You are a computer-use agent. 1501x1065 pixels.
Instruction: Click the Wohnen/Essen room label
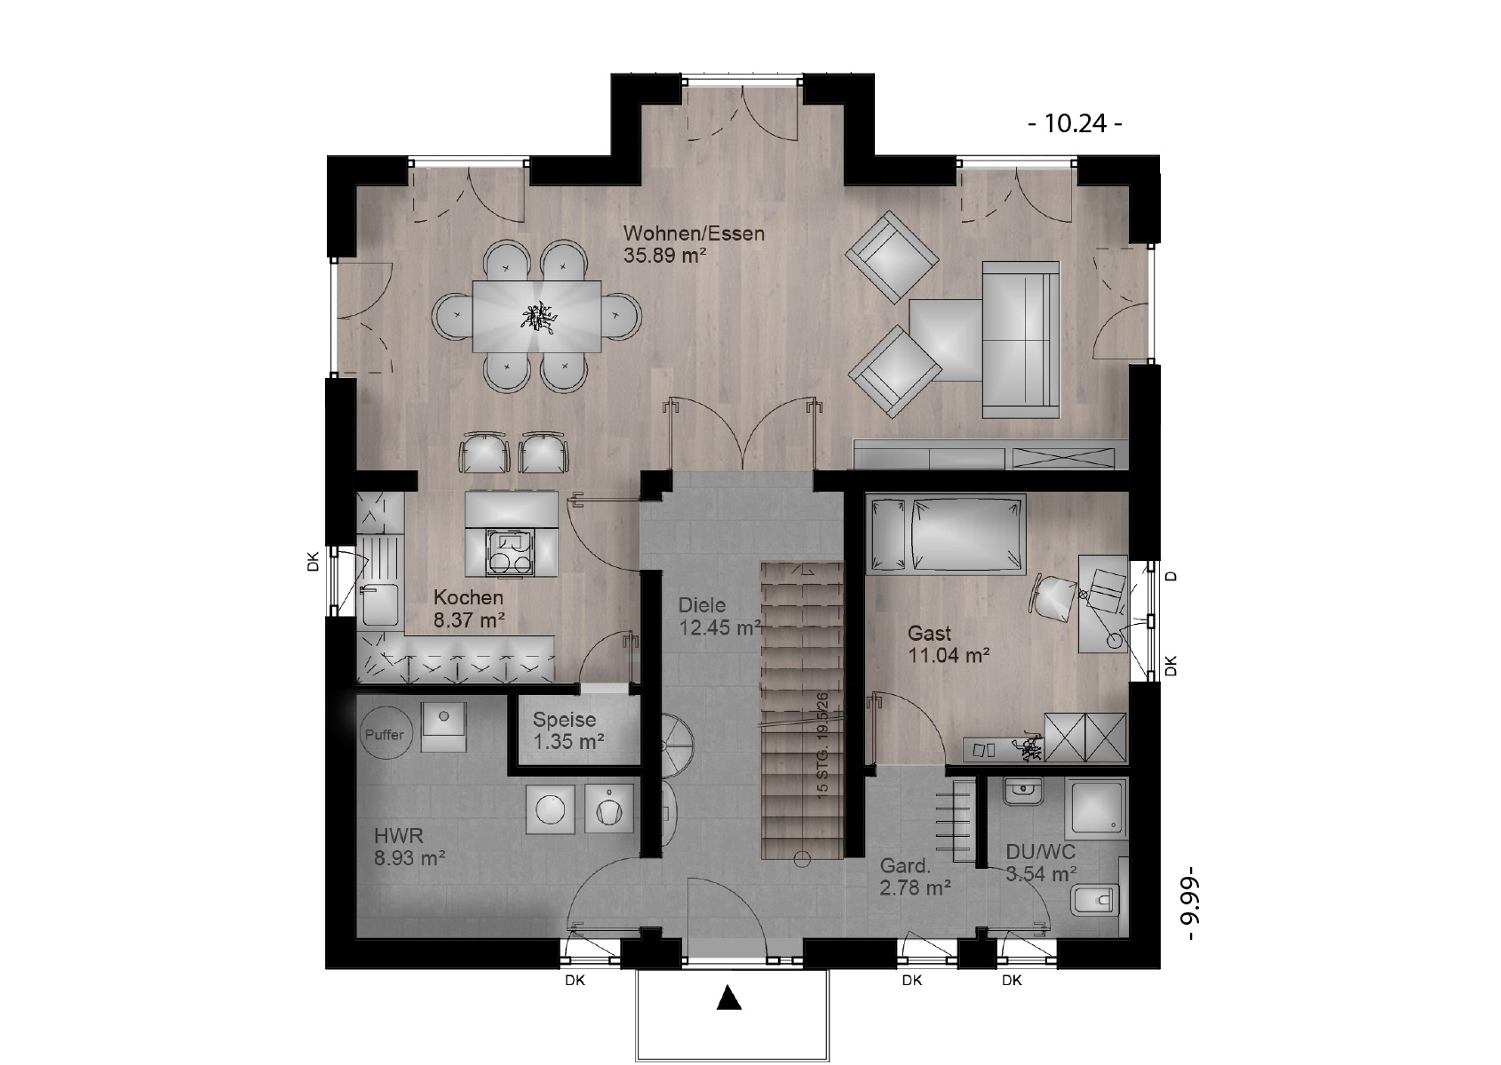pos(694,233)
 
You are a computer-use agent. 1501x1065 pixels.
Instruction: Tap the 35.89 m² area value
pos(664,255)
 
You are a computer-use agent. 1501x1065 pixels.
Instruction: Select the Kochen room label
pos(468,597)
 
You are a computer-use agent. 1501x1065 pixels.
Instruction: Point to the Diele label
pos(702,605)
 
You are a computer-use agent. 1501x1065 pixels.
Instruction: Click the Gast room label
pos(929,633)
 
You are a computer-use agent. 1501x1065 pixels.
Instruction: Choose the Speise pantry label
pos(564,720)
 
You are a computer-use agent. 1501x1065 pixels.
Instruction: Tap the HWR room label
pos(398,835)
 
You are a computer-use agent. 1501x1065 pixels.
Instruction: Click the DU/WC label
pos(1041,852)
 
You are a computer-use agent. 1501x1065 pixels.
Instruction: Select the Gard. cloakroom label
pos(905,865)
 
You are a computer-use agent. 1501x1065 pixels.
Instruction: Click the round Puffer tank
pos(385,734)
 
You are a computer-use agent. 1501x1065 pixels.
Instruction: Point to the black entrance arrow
pos(729,998)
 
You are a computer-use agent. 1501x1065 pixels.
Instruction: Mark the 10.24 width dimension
pos(1076,123)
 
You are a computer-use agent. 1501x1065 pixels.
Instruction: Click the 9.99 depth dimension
pos(1189,903)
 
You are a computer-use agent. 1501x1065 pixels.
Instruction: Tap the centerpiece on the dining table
pos(538,317)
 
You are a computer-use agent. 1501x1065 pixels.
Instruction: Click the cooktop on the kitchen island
pos(512,552)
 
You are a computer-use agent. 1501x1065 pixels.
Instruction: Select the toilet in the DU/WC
pos(1096,901)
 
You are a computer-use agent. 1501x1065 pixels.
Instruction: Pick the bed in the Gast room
pos(946,534)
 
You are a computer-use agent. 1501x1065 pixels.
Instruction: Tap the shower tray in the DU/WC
pos(1096,808)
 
